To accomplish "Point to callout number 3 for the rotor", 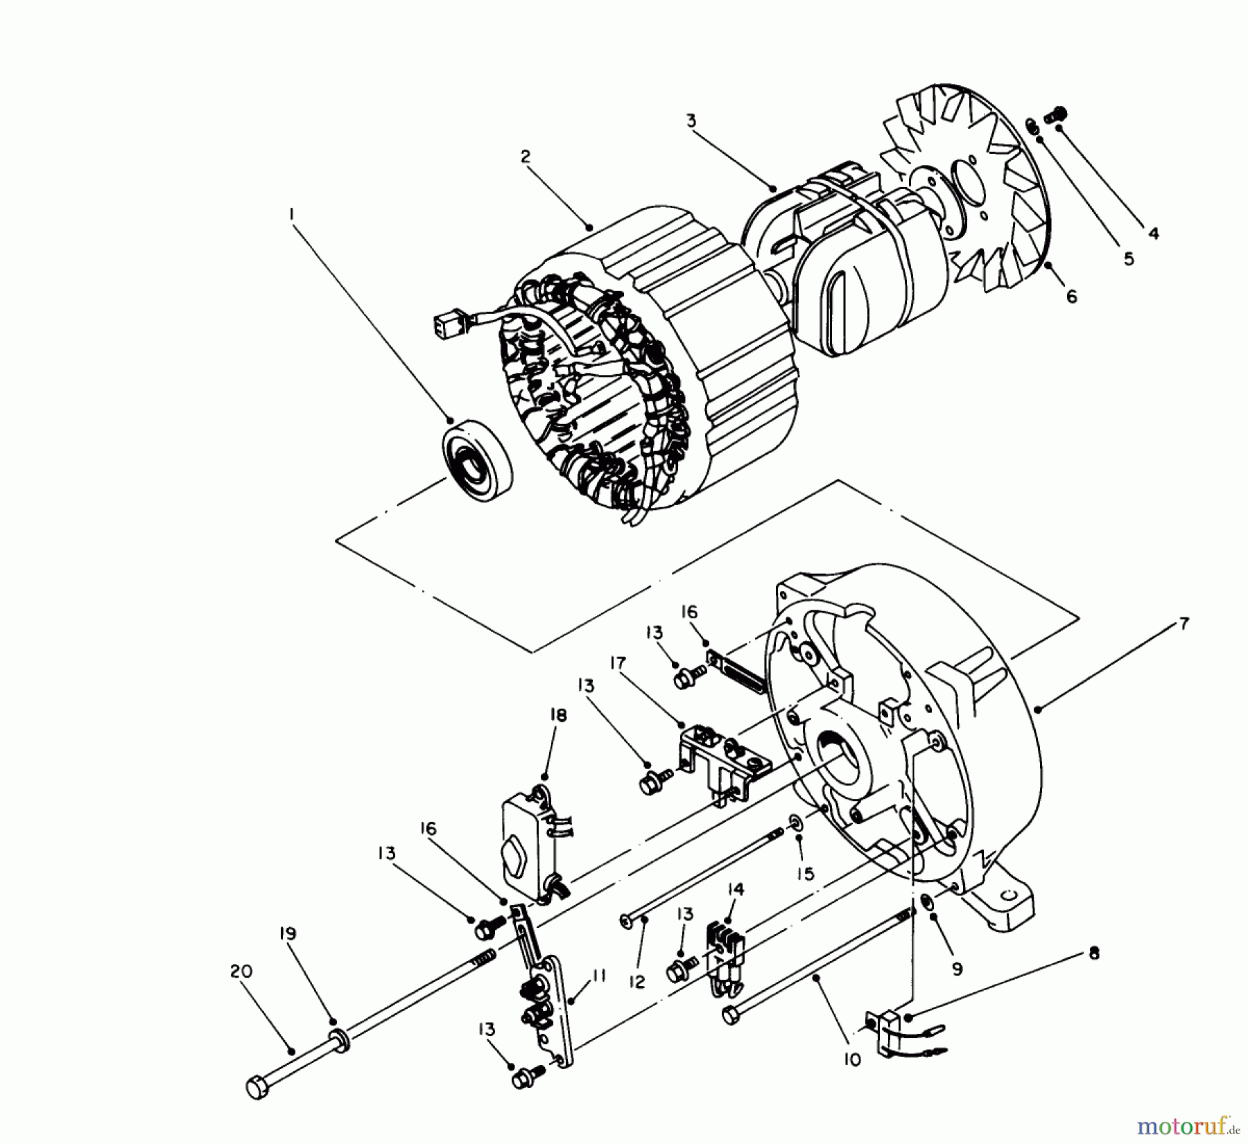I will [691, 121].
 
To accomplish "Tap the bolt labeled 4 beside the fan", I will [1058, 114].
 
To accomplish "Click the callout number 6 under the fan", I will [1071, 297].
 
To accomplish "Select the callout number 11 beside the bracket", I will [599, 976].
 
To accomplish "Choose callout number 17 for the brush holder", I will [618, 663].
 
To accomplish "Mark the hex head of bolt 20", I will [256, 1107].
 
